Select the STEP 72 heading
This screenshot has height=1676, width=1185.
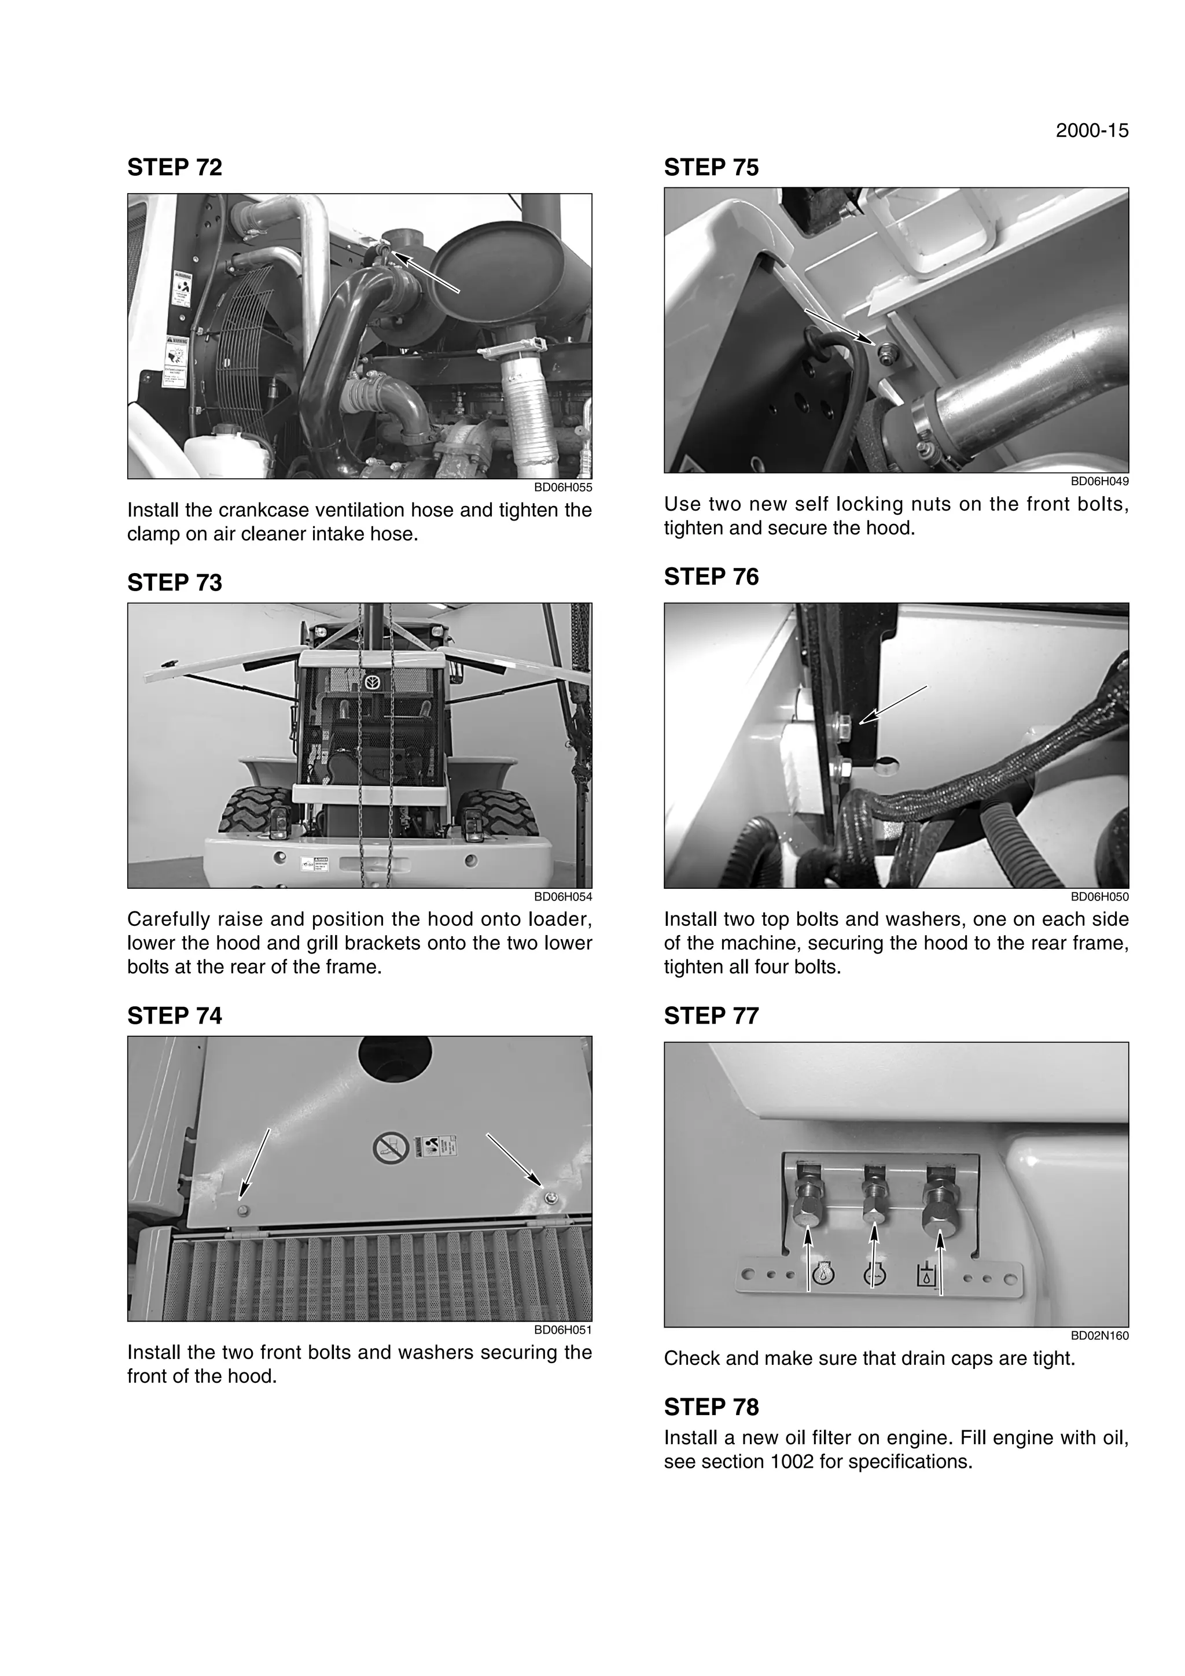175,167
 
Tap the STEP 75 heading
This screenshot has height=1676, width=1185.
711,167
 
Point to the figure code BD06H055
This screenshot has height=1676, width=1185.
563,488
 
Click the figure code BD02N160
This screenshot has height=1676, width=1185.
1099,1336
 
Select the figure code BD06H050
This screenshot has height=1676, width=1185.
1099,896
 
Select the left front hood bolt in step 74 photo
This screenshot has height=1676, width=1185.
244,1211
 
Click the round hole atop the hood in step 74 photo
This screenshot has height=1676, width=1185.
395,1056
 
